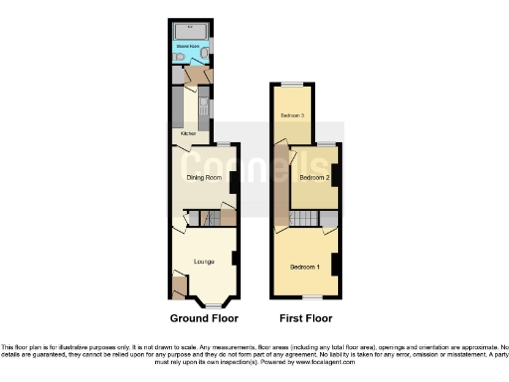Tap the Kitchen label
(187, 132)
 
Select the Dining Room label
(203, 178)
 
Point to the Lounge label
(204, 261)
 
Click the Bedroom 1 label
(304, 267)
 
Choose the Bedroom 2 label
(313, 178)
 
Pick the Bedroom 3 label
(291, 116)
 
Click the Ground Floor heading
(203, 319)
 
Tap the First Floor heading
(305, 319)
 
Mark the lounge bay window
(213, 303)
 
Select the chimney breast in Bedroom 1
(336, 265)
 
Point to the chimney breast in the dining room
(233, 183)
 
